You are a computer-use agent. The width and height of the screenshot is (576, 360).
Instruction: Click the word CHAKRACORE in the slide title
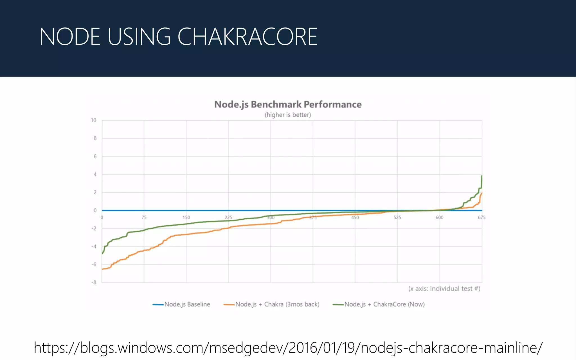pos(247,37)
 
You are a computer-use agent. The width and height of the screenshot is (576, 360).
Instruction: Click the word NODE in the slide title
pos(70,37)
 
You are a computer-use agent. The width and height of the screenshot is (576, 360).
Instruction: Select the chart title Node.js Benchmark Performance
pos(288,104)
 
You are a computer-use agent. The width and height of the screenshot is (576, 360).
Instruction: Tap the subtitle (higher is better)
pos(288,115)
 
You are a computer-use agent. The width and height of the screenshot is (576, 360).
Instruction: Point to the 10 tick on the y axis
pos(93,120)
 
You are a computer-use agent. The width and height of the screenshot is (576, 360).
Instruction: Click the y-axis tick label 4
pos(95,174)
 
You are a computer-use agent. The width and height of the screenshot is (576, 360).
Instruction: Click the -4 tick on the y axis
pos(94,246)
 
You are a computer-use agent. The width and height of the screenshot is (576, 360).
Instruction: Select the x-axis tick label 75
pos(144,217)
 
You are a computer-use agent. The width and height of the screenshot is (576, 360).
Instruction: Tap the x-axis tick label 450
pos(355,217)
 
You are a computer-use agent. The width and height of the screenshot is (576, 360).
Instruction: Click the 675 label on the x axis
pos(481,217)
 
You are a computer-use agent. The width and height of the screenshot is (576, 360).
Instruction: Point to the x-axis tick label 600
pos(439,217)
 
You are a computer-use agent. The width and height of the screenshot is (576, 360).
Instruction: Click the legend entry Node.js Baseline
pos(187,304)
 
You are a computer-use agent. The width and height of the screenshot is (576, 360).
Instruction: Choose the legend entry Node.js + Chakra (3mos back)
pos(277,304)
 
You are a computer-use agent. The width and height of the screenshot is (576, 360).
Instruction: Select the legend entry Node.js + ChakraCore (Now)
pos(384,304)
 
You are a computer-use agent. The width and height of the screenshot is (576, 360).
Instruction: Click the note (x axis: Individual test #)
pos(444,289)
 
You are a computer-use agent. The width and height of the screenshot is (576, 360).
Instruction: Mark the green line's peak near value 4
pos(482,176)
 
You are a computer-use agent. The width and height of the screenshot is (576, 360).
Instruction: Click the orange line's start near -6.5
pos(102,269)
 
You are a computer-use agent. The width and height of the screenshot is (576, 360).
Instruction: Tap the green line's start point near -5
pos(102,253)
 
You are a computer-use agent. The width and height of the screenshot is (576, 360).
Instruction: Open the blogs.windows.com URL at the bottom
pos(288,348)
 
